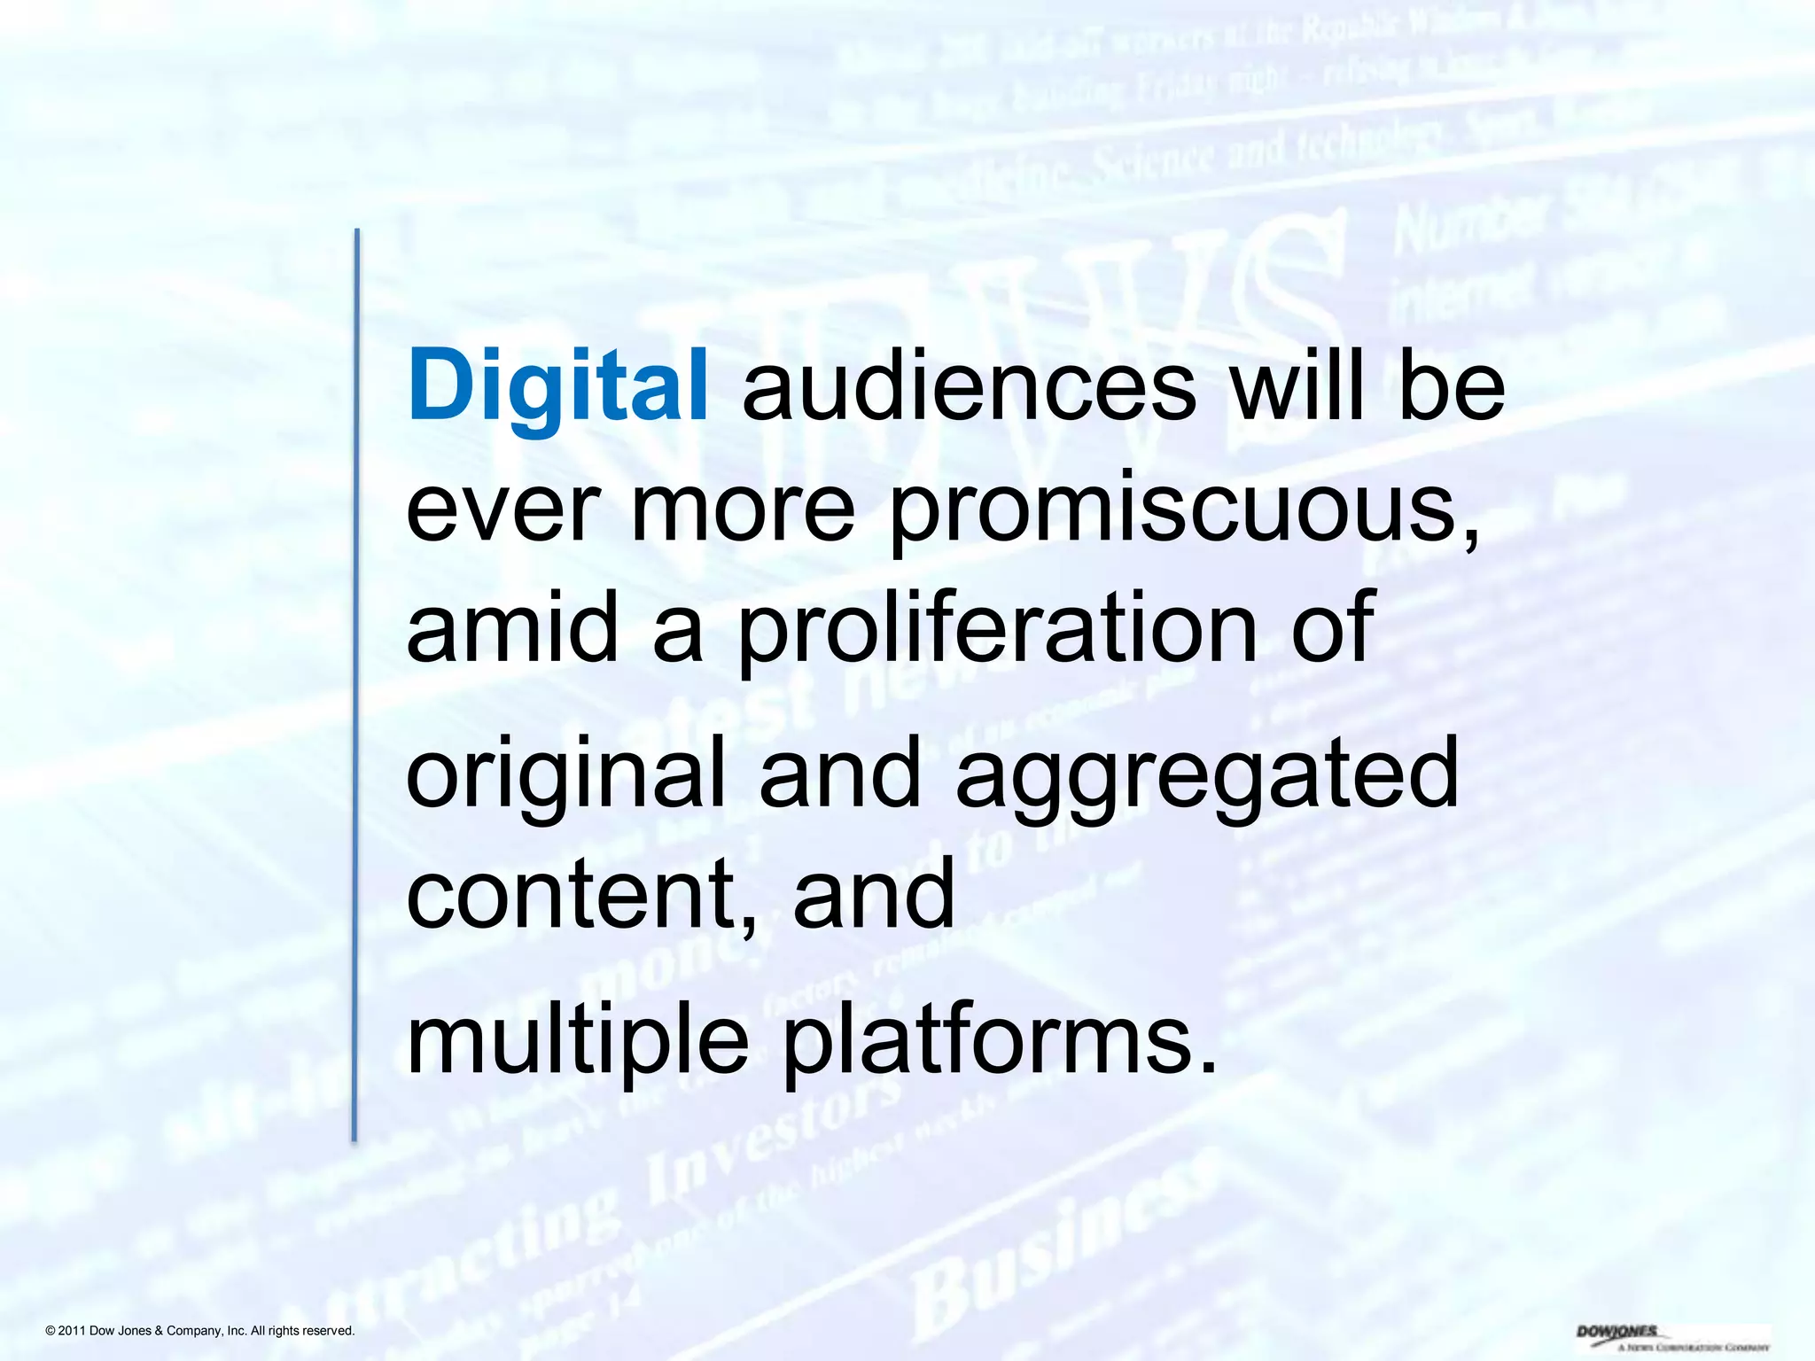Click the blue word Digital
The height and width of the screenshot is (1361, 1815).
[x=557, y=387]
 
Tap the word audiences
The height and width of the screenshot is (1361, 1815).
[x=969, y=387]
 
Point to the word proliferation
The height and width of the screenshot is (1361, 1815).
[x=998, y=629]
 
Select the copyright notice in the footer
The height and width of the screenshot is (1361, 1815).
[x=199, y=1331]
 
